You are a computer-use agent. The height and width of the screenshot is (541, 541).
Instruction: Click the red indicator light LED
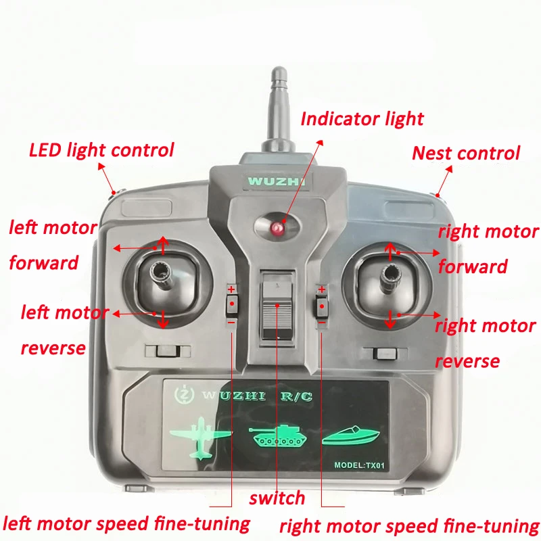277,228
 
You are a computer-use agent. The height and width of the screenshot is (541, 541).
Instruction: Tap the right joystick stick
390,277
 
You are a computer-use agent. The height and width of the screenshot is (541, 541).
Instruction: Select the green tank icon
277,436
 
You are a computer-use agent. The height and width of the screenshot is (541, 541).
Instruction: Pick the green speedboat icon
350,436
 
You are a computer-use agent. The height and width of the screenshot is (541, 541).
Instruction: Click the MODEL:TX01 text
359,465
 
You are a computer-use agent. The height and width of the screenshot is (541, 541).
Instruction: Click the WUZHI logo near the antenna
277,181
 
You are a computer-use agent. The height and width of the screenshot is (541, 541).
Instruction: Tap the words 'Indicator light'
362,119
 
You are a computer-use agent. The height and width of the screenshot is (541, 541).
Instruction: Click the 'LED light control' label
101,150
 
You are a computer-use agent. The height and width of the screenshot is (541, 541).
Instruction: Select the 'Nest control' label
466,154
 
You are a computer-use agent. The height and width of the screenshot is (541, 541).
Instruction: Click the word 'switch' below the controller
277,498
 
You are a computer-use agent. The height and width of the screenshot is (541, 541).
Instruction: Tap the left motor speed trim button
232,305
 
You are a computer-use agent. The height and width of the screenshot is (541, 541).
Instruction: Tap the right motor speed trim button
321,306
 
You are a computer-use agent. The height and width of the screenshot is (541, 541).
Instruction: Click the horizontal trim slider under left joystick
168,351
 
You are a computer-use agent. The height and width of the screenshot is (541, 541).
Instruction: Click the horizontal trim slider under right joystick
385,354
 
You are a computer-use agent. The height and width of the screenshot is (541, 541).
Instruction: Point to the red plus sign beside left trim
231,289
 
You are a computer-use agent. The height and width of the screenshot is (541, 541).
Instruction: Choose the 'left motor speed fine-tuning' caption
126,523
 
